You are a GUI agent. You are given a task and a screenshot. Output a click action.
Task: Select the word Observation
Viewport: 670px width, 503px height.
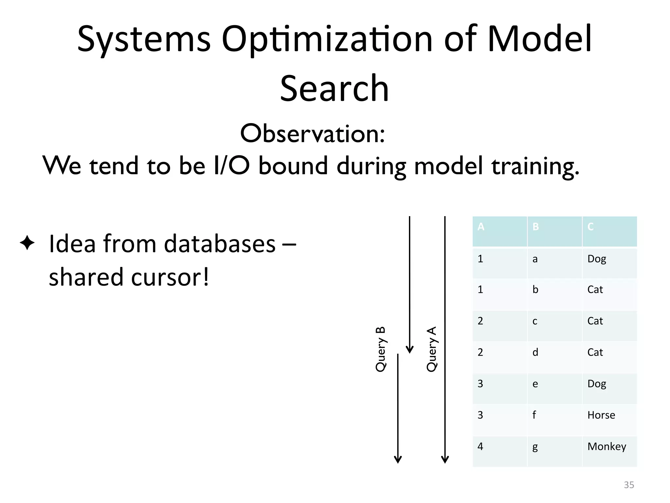coord(312,134)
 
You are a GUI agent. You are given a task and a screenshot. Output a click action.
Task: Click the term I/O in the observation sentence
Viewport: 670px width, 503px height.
coord(231,165)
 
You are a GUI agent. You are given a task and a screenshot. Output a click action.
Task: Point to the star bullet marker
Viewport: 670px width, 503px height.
coord(27,243)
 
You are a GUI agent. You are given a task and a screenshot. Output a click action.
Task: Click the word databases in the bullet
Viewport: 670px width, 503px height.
coord(220,244)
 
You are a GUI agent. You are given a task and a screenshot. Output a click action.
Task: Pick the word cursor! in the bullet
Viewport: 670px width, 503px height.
coord(170,277)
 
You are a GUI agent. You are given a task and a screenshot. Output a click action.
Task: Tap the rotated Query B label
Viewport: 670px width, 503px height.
coord(380,349)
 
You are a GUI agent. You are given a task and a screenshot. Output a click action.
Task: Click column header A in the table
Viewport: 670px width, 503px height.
coord(481,227)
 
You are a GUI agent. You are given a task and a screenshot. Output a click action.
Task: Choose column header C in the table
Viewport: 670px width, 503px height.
coord(591,227)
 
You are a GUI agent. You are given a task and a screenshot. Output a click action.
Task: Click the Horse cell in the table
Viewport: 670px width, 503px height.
coord(601,415)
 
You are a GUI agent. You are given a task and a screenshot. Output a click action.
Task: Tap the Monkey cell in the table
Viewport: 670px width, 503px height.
coord(607,447)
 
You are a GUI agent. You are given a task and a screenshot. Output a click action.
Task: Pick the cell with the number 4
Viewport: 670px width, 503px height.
coord(480,447)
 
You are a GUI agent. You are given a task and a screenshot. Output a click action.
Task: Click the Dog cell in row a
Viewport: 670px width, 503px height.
coord(597,259)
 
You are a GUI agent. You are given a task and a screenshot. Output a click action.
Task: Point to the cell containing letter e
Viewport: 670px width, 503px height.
coord(535,384)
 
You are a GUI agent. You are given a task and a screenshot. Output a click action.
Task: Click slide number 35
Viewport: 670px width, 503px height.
coord(629,485)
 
